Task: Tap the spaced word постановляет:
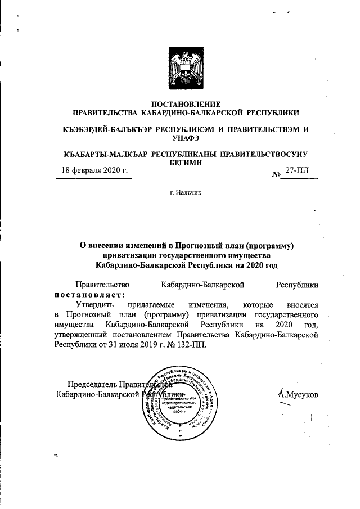pyautogui.click(x=89, y=294)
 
